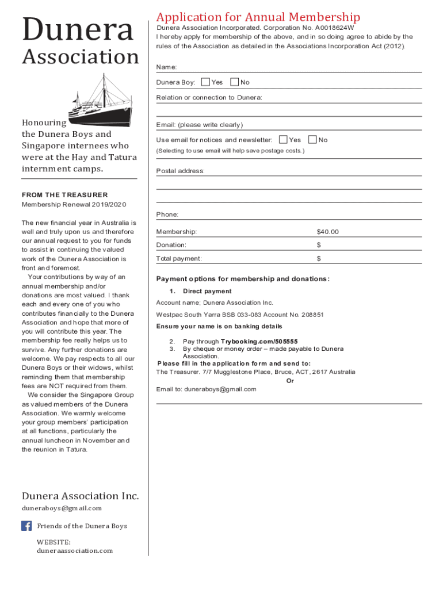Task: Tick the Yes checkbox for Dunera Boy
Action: coord(205,82)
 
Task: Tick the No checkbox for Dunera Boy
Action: coord(234,82)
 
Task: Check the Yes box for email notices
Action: coord(283,140)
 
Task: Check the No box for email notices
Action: coord(312,140)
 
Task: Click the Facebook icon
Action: coord(26,526)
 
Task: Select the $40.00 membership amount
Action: coord(327,232)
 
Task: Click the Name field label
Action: coord(166,67)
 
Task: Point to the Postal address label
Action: coord(180,171)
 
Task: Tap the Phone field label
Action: coord(167,215)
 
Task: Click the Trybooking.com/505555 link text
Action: coord(259,342)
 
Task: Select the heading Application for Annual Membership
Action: coord(258,17)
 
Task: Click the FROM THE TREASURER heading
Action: coord(64,195)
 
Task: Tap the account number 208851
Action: coord(312,315)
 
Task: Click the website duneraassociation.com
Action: coord(75,550)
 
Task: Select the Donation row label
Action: coord(171,245)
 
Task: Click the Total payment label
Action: coord(179,259)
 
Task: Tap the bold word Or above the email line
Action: coord(290,380)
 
